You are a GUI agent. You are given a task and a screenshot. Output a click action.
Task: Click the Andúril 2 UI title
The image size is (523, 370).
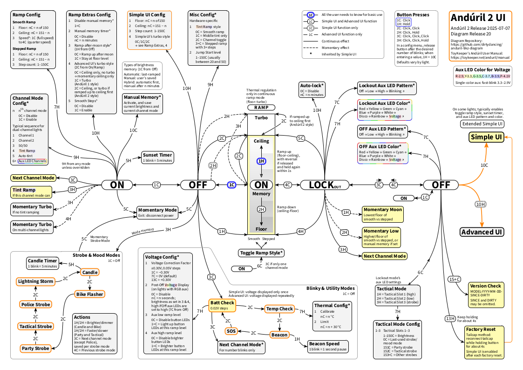click(477, 18)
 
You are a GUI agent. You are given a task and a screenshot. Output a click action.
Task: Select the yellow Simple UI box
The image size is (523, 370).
click(486, 137)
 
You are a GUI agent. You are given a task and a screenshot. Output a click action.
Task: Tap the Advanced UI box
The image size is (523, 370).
click(482, 232)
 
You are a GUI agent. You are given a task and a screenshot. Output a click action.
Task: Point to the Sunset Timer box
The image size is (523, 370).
click(157, 158)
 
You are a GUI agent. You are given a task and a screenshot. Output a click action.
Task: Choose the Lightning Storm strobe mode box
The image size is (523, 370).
click(35, 281)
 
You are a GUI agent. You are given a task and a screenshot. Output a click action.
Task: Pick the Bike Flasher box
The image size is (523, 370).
click(89, 295)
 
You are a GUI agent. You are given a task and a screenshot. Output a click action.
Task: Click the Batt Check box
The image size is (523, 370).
click(221, 305)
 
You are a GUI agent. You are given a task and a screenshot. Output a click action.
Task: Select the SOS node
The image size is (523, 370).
click(231, 331)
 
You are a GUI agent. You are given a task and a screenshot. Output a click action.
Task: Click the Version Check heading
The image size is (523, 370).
click(485, 286)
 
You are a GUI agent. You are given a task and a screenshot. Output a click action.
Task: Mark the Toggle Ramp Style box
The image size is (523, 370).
click(261, 253)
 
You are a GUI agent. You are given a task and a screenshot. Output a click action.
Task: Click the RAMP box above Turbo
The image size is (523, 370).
click(261, 107)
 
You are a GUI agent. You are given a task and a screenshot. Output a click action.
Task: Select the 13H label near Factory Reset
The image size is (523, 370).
click(449, 318)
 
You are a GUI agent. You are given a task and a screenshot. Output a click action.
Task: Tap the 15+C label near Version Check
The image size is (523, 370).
click(454, 279)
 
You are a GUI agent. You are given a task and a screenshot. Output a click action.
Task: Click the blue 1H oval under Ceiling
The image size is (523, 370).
click(261, 161)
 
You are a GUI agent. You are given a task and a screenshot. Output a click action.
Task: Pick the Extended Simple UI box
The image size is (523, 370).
click(482, 124)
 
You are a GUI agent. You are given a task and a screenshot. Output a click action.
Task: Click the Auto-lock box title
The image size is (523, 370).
click(312, 86)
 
